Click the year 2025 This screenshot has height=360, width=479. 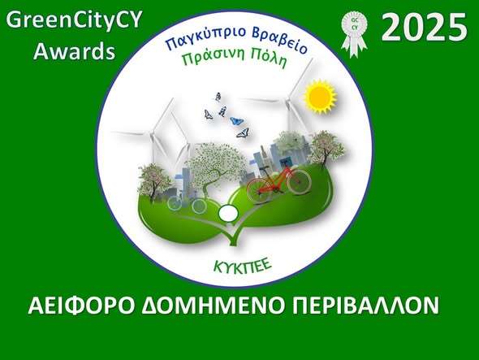(x=425, y=29)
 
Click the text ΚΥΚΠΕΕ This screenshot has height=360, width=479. (x=241, y=266)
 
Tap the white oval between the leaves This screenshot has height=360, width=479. (x=228, y=214)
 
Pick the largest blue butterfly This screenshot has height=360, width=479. (x=238, y=123)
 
